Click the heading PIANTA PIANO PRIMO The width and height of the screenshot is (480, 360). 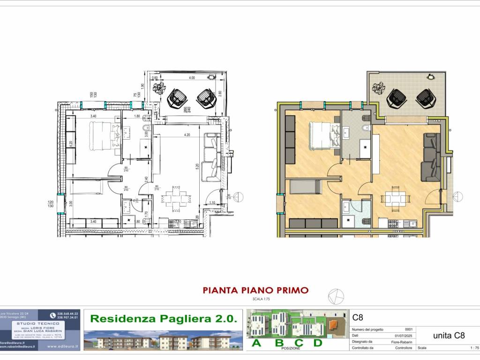(255, 290)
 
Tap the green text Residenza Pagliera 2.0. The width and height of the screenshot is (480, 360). (163, 319)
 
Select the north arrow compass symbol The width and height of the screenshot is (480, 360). (336, 296)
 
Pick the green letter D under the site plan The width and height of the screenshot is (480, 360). (318, 343)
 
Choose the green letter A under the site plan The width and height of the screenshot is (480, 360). (256, 343)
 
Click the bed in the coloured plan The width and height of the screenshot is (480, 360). (323, 135)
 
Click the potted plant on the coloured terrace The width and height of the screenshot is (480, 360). (378, 88)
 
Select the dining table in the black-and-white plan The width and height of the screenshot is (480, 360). (175, 199)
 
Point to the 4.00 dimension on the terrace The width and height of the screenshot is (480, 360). (192, 78)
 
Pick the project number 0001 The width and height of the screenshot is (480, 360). (408, 329)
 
